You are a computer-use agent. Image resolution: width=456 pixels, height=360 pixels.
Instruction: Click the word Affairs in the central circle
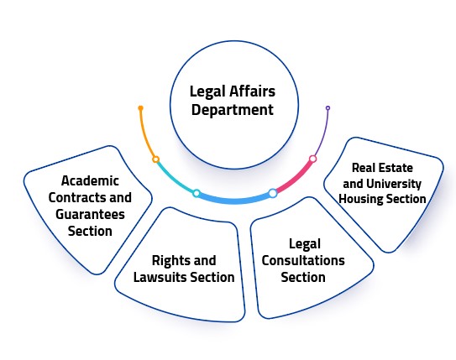[x=252, y=91]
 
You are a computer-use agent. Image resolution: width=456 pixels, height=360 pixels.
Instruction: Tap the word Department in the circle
[x=233, y=110]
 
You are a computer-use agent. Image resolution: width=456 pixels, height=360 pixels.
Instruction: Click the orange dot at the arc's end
[x=141, y=108]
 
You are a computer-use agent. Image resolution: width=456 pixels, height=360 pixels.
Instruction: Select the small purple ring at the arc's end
[x=328, y=108]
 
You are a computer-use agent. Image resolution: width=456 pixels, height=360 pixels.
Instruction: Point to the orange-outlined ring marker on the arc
[x=156, y=159]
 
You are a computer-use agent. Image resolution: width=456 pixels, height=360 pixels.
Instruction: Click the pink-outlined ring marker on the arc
[x=313, y=159]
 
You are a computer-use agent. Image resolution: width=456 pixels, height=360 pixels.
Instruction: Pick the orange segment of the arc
[x=145, y=134]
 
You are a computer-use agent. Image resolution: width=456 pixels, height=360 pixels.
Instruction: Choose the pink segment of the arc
[x=294, y=179]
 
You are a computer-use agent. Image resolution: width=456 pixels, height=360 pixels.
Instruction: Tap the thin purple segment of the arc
[x=323, y=133]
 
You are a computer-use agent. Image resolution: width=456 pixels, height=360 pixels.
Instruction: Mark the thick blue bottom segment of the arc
[x=234, y=200]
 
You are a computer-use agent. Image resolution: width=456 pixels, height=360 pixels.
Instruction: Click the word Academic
[x=90, y=180]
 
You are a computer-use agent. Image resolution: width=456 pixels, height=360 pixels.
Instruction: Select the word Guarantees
[x=90, y=215]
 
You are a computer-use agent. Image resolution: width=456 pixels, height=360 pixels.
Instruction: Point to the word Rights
[x=168, y=261]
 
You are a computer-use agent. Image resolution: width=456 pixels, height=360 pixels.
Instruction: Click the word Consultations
[x=303, y=260]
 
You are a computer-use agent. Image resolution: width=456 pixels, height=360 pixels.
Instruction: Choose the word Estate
[x=398, y=168]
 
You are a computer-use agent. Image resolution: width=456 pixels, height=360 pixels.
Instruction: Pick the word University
[x=394, y=185]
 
